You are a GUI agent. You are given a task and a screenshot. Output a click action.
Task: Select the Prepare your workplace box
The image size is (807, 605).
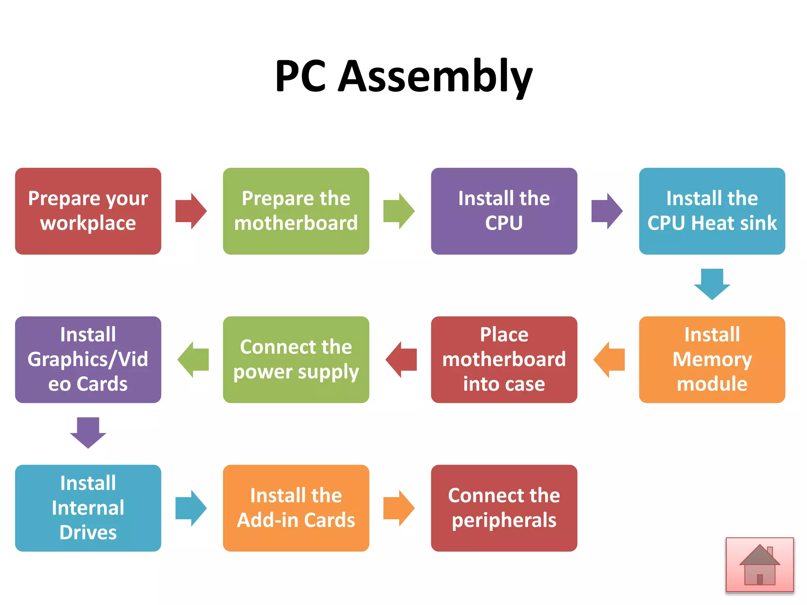tap(88, 211)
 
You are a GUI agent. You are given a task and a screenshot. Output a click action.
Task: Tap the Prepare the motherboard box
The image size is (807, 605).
tap(296, 211)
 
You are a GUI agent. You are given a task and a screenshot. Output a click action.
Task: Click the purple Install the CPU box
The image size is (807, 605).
tap(504, 211)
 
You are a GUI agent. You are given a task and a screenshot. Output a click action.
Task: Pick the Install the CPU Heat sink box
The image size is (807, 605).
tap(712, 211)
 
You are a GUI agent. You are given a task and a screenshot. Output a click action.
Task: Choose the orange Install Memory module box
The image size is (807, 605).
tap(712, 359)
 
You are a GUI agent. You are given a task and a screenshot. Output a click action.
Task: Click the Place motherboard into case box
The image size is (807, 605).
tap(504, 359)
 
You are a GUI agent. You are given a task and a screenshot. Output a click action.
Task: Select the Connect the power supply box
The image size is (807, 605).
tap(296, 359)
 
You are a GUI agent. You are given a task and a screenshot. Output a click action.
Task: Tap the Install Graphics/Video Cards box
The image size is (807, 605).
tap(88, 359)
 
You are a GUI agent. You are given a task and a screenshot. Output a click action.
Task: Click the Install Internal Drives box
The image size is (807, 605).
tap(88, 508)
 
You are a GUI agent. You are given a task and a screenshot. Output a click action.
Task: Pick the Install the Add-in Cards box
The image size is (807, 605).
tap(296, 508)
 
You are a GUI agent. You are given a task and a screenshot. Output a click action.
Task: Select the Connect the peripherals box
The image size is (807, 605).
tap(504, 508)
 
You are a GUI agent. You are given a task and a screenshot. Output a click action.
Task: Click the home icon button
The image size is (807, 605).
tap(760, 565)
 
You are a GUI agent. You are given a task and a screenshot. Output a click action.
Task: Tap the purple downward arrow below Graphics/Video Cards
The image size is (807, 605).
tap(88, 432)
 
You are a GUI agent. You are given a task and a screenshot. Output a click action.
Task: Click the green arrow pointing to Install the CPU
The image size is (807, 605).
tap(399, 211)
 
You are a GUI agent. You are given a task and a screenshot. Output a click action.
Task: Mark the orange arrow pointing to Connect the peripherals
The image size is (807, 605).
tap(399, 508)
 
